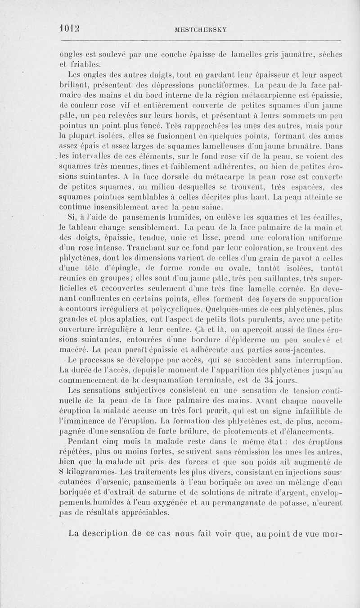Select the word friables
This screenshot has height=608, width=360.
[84, 64]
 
